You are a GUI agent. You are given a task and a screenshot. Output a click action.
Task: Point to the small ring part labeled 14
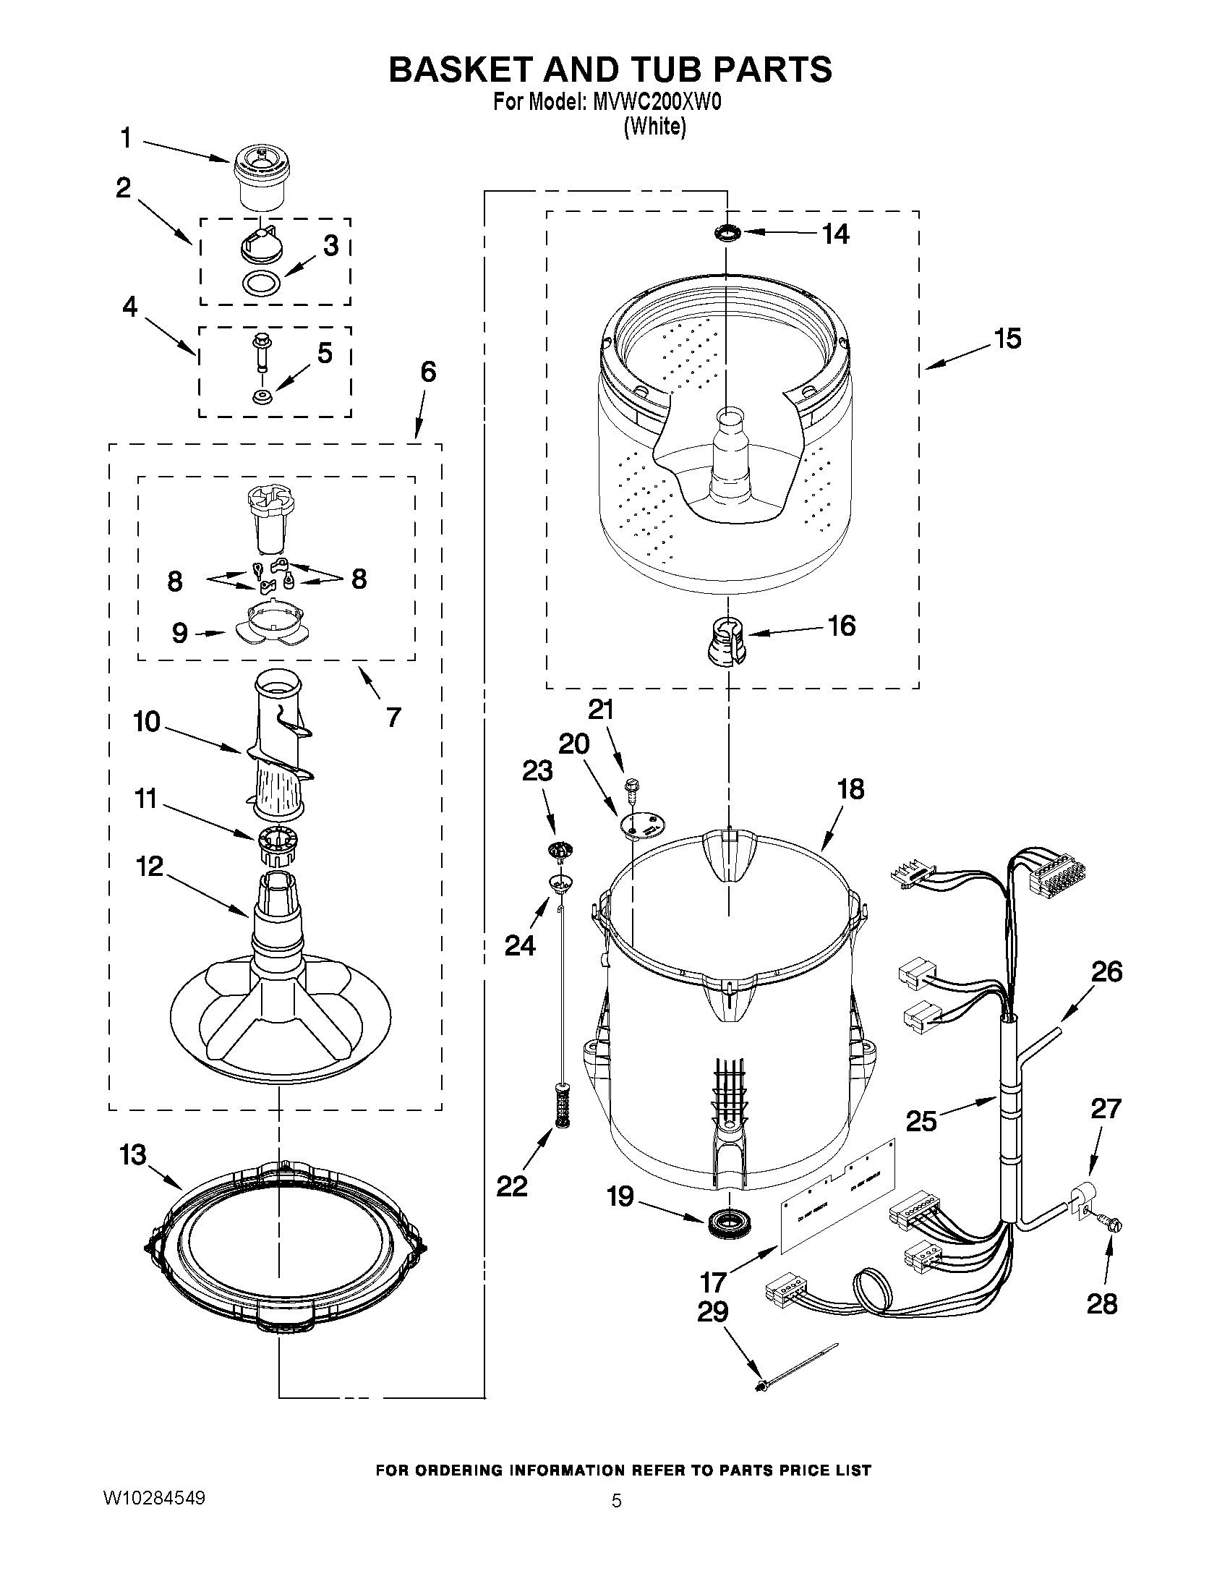point(727,232)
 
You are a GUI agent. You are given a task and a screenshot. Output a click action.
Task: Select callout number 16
point(842,626)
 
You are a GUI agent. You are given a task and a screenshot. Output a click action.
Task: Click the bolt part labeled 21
point(631,788)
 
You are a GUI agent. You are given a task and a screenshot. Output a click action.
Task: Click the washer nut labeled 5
point(260,396)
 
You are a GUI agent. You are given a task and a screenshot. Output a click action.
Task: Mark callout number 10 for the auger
point(147,722)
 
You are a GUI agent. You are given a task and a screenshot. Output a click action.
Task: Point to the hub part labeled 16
point(727,638)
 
